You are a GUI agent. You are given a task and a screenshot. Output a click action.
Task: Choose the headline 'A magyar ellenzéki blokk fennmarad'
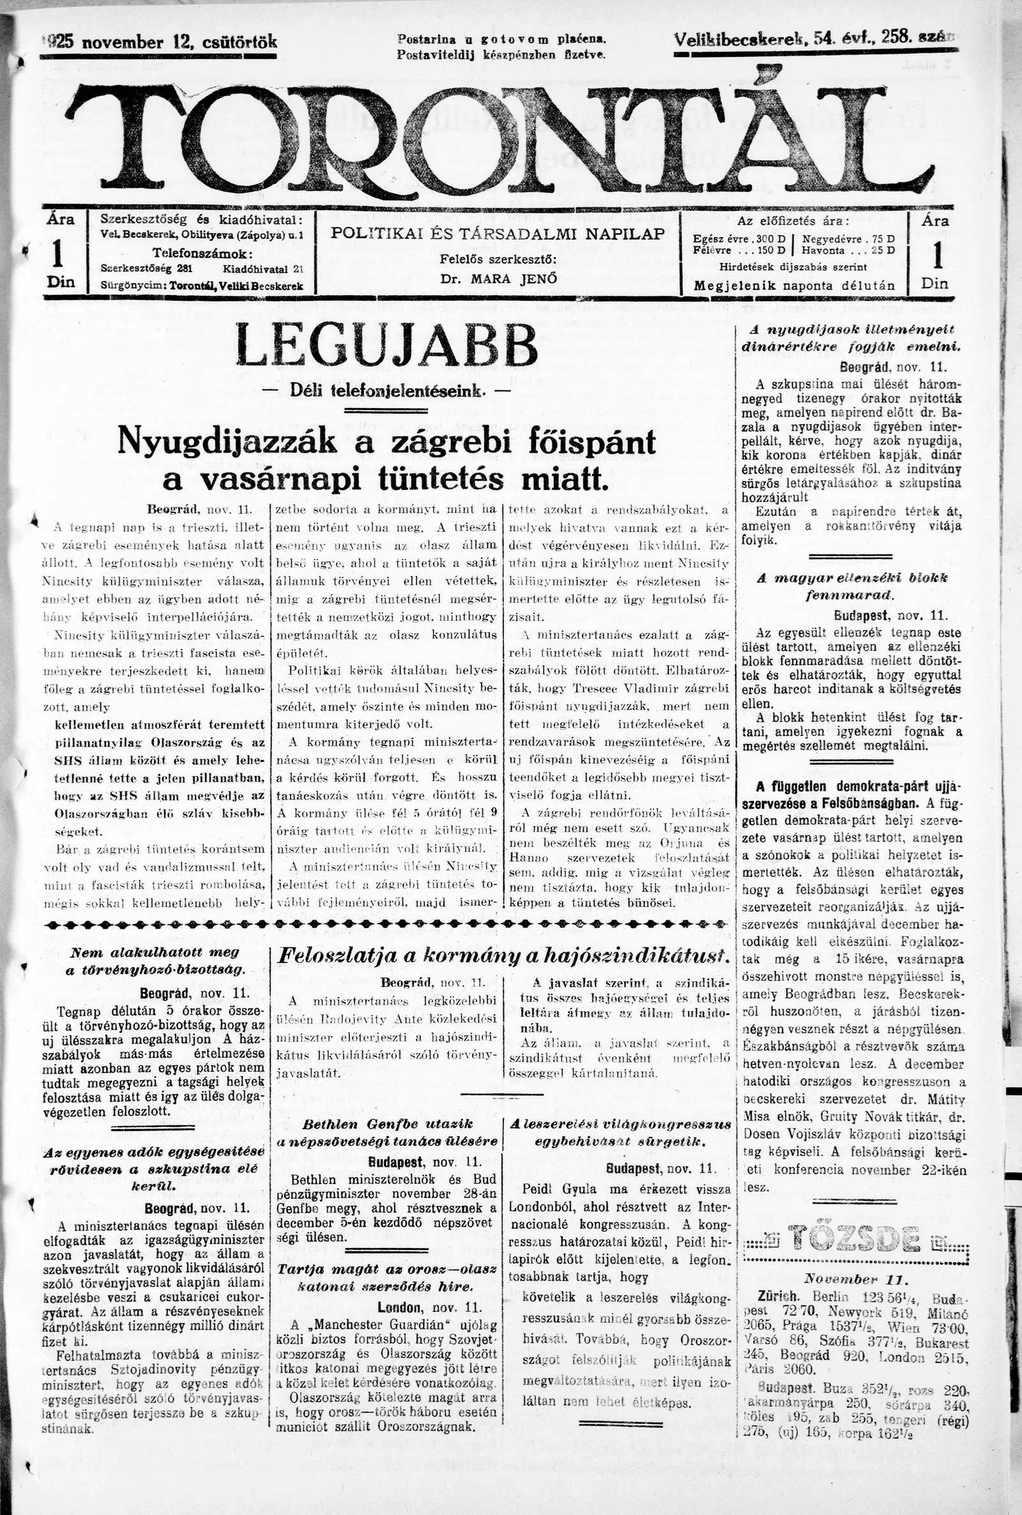pos(852,586)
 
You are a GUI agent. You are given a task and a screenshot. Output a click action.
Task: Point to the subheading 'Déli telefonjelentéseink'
pos(386,392)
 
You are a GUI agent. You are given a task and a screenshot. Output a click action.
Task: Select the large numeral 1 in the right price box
pos(937,255)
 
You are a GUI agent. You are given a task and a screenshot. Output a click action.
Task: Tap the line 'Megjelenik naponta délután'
pos(794,285)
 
